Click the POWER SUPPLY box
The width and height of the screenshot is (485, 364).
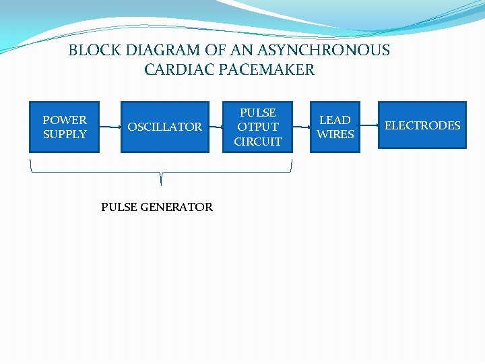pos(65,127)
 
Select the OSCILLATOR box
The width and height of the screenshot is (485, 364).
pos(164,127)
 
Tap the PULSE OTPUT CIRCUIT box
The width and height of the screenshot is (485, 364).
pos(258,127)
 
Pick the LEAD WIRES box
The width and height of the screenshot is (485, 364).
pos(335,127)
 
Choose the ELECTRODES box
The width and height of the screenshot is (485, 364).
pos(422,125)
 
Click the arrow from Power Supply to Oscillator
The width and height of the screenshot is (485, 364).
pos(110,126)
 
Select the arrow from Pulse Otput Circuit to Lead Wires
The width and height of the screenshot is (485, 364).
pos(301,126)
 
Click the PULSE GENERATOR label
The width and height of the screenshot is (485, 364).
pos(157,207)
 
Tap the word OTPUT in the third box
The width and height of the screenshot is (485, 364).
pos(258,127)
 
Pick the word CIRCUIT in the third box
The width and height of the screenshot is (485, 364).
pos(258,142)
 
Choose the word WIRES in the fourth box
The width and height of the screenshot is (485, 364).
pos(335,134)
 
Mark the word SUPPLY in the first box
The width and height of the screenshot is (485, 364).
pos(65,134)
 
